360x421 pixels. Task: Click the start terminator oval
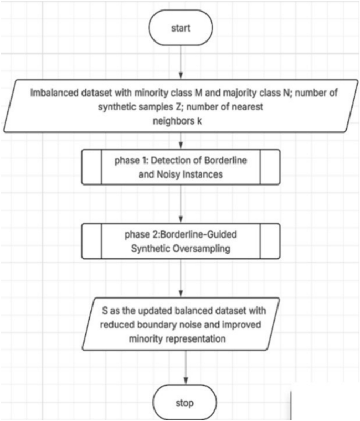click(180, 28)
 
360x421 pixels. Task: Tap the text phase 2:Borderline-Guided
click(180, 235)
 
